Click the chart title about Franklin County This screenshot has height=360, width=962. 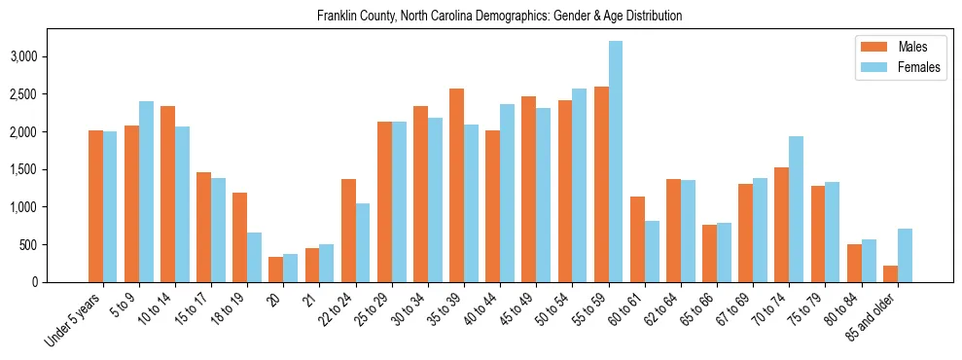point(500,17)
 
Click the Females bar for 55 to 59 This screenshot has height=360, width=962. point(616,162)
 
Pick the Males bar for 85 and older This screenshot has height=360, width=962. point(891,274)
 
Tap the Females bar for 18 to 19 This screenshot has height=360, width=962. point(254,258)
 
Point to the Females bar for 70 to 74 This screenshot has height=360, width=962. point(796,209)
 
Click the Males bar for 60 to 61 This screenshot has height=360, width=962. point(637,239)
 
